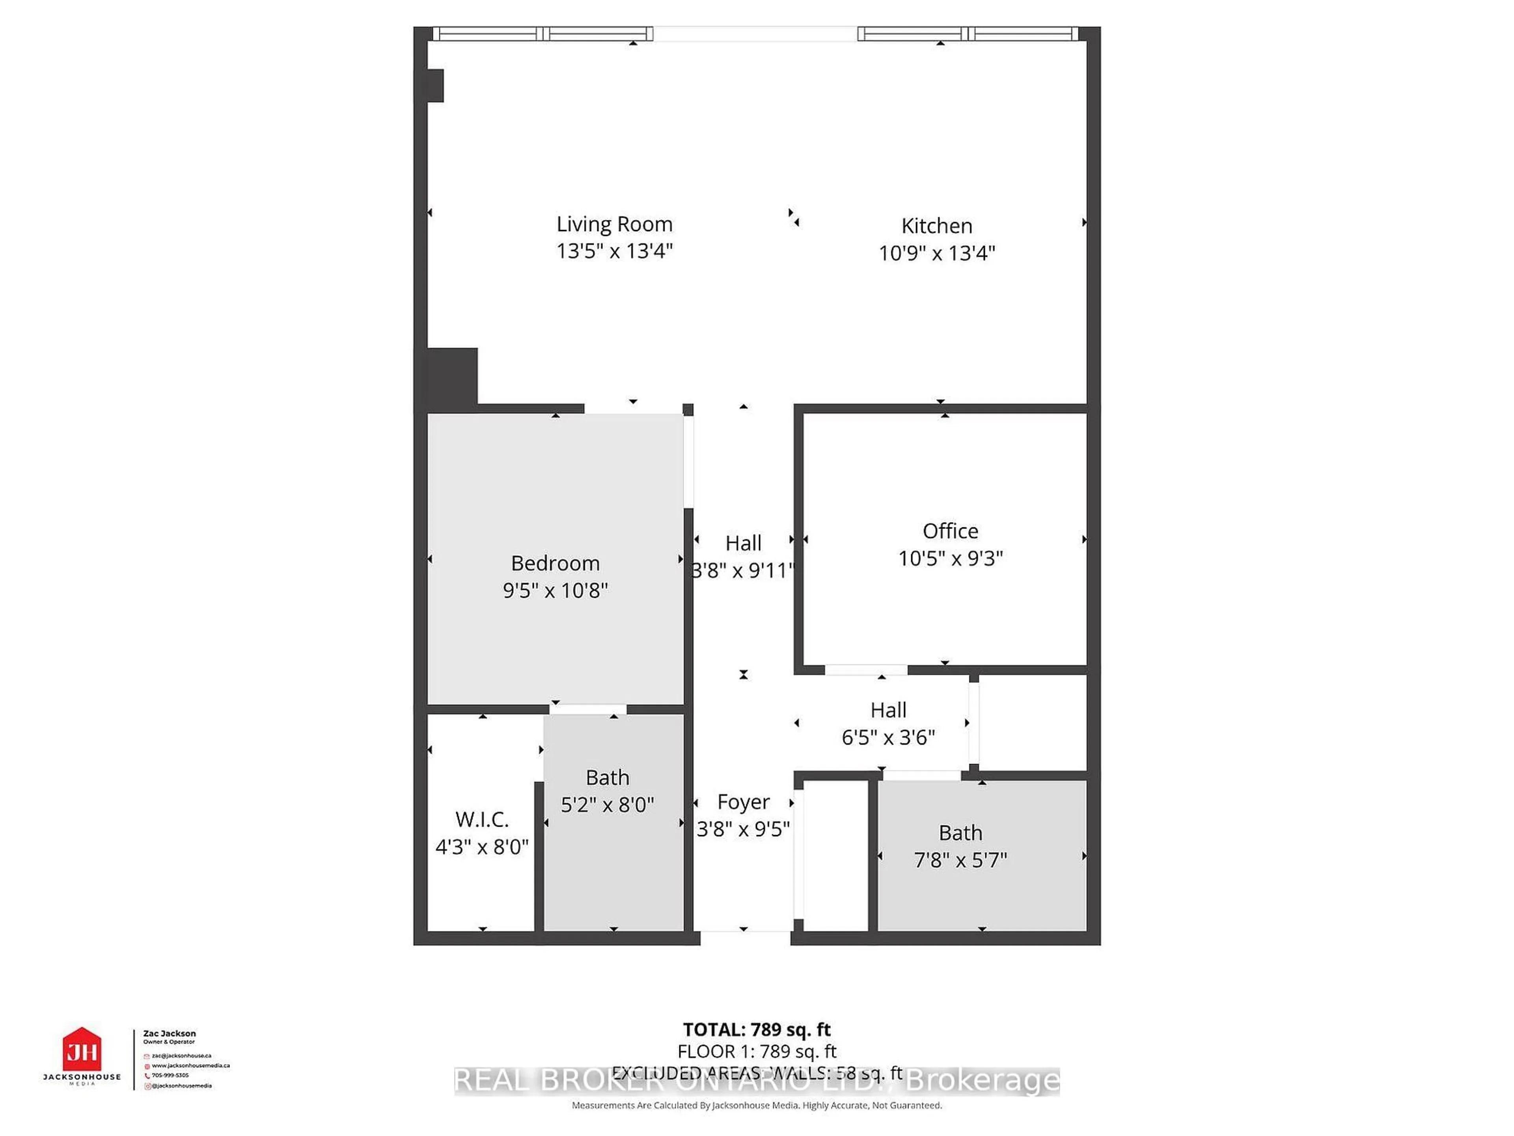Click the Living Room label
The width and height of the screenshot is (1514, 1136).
click(x=614, y=224)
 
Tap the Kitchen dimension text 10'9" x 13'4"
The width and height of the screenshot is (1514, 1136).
click(x=936, y=253)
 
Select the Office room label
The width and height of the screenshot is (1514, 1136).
click(x=950, y=531)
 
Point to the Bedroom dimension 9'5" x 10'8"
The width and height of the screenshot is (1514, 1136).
click(x=555, y=590)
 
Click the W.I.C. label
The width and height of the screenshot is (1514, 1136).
click(x=482, y=819)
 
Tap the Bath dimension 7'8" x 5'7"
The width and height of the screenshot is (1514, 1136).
click(x=960, y=860)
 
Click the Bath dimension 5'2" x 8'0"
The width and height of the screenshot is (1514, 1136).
click(x=607, y=805)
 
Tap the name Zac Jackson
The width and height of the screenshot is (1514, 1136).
click(x=169, y=1033)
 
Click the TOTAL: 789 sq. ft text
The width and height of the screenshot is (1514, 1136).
click(x=756, y=1029)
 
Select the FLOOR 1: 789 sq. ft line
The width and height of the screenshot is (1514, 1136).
click(x=756, y=1051)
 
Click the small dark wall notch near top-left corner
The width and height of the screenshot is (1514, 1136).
click(x=435, y=86)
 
